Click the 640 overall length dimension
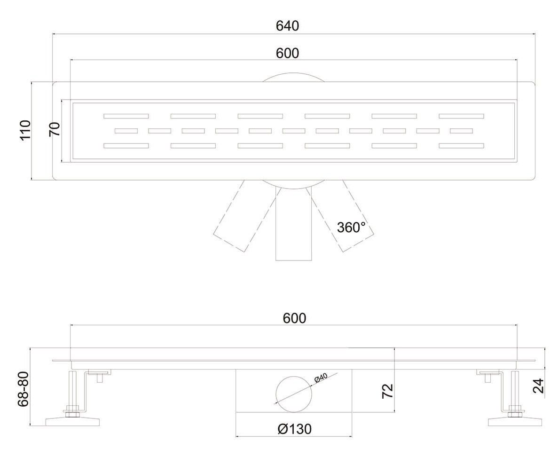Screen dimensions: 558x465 coord(287,26)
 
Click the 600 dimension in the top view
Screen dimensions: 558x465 coord(287,53)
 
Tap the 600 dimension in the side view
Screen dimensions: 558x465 coord(294,318)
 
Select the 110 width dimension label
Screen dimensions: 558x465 coord(25,130)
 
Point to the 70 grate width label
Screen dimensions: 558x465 coord(55,129)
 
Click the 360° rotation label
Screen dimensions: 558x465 coord(351,227)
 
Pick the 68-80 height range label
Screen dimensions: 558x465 coord(23,389)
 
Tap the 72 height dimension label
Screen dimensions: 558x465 coord(387,391)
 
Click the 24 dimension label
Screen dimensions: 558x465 coord(538,386)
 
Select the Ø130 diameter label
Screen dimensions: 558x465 coord(294,429)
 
